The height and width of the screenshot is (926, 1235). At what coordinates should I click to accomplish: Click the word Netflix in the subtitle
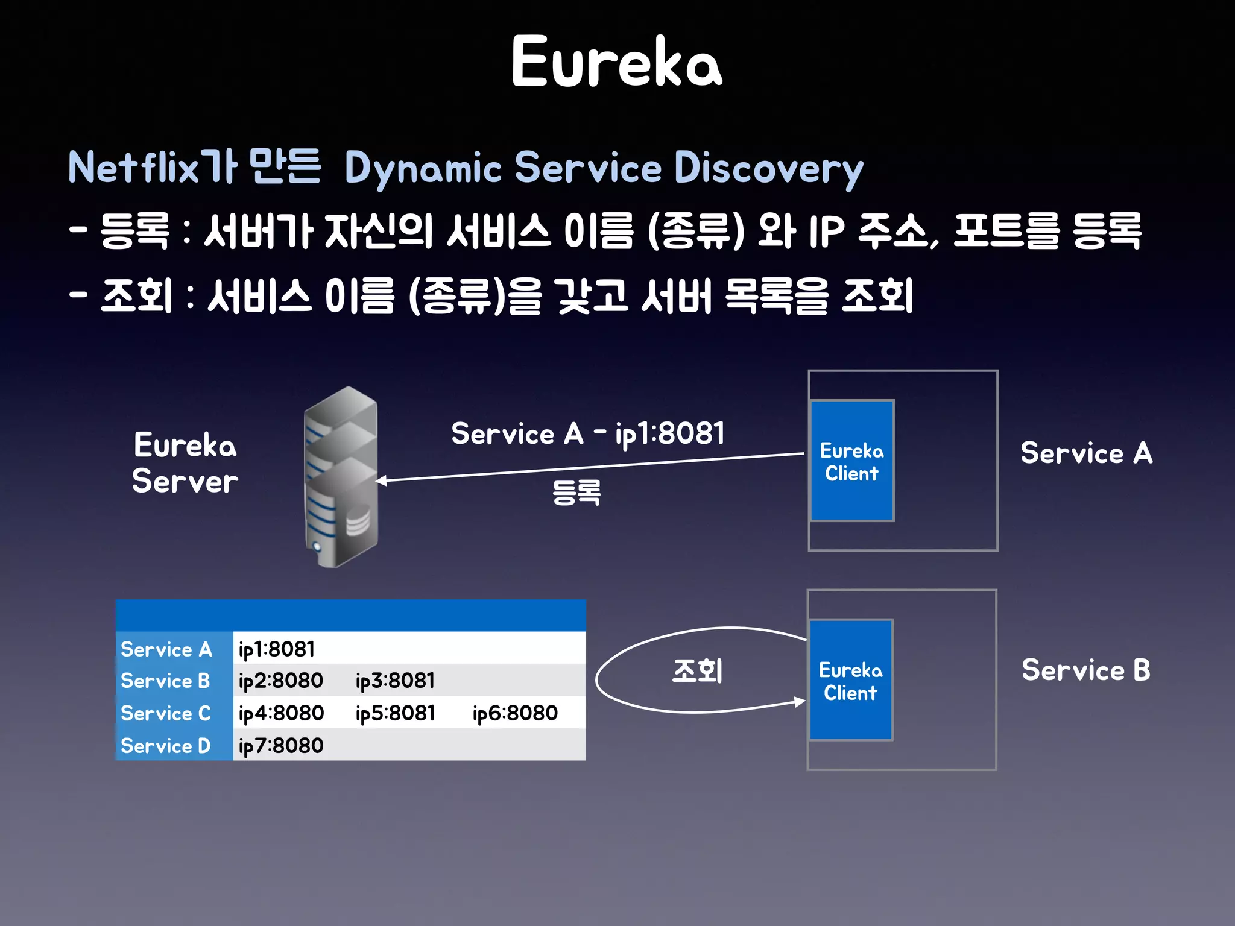click(133, 167)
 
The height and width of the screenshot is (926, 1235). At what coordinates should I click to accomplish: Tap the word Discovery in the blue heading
click(768, 168)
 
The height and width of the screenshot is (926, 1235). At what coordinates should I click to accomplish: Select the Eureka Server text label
click(185, 463)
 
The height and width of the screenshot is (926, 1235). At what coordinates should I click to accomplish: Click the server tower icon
click(341, 476)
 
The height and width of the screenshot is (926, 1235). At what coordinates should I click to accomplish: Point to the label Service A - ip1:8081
click(588, 433)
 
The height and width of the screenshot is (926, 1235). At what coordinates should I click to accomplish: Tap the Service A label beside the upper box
click(1086, 453)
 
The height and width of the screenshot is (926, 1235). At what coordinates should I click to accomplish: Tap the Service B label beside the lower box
click(1086, 670)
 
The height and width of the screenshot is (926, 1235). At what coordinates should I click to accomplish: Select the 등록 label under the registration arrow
click(576, 492)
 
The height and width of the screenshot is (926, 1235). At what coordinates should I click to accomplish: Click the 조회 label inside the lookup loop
click(697, 670)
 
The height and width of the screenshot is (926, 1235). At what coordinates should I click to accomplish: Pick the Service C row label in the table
click(166, 713)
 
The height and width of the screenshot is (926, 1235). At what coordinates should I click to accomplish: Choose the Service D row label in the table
click(166, 746)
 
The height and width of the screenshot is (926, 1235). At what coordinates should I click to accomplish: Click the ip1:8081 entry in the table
click(277, 649)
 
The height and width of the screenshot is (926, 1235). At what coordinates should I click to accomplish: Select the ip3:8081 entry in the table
click(395, 681)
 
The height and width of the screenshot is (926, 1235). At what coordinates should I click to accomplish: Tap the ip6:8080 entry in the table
click(515, 713)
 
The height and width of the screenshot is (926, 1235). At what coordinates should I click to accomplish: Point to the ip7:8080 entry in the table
click(281, 746)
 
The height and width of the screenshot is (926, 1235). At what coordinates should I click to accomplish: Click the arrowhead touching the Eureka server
click(382, 480)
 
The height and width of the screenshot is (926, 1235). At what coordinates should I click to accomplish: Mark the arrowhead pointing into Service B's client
click(800, 701)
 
